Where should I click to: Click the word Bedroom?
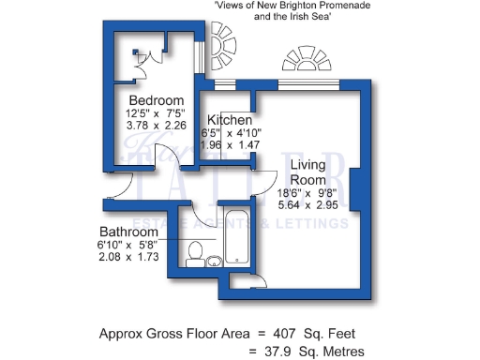(x=156, y=100)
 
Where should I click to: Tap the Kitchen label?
(x=229, y=121)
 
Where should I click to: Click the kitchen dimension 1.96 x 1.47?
(x=229, y=146)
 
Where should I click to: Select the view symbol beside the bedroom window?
(x=223, y=43)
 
